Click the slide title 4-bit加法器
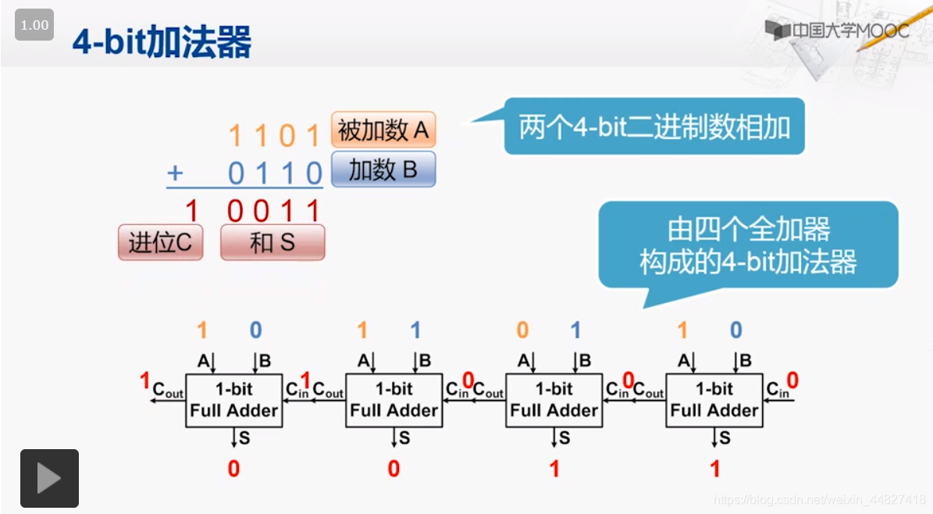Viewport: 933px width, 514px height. click(x=162, y=42)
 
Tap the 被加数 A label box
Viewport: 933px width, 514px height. click(x=383, y=130)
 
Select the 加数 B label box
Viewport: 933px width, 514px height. click(x=383, y=170)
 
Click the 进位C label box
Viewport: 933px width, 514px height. click(x=160, y=243)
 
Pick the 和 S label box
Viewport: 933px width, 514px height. click(x=272, y=243)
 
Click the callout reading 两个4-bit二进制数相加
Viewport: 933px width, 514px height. click(x=654, y=127)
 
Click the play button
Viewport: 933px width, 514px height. click(x=49, y=478)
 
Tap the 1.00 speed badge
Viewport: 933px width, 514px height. click(x=34, y=25)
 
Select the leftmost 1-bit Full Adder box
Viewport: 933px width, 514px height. click(x=233, y=400)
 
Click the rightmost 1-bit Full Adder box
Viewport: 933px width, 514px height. click(x=714, y=400)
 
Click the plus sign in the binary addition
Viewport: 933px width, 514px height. click(x=175, y=173)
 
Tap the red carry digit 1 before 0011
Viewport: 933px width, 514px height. click(x=191, y=211)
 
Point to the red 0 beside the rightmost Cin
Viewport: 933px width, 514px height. click(x=792, y=380)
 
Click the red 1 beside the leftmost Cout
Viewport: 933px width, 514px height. click(x=144, y=380)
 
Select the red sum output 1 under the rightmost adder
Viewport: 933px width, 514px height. click(x=714, y=469)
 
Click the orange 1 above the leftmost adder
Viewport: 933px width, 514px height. click(x=202, y=330)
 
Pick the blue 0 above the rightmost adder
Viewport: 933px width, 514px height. click(x=735, y=330)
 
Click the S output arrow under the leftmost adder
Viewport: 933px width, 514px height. click(x=233, y=438)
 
